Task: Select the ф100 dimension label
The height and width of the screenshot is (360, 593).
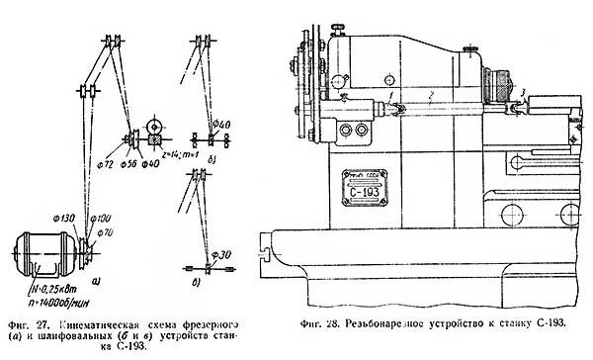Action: click(99, 217)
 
